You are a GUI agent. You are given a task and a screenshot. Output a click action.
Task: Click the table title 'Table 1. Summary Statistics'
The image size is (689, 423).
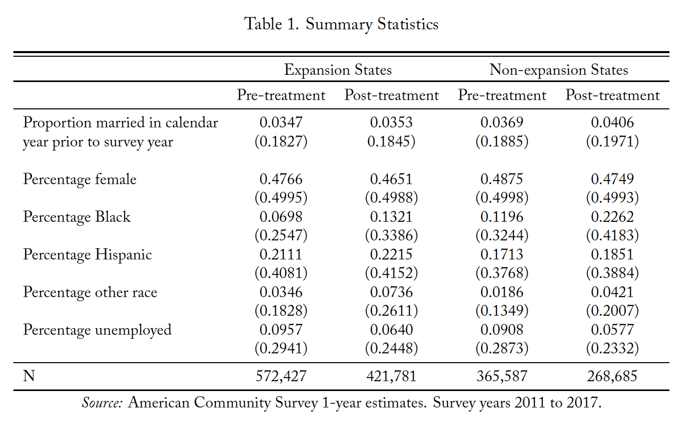click(341, 24)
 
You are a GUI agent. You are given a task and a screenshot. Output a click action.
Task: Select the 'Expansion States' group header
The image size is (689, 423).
click(338, 70)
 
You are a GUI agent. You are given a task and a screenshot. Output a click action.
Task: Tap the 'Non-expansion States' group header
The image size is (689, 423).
click(559, 70)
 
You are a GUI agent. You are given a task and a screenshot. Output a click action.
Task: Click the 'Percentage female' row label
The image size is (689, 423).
click(80, 180)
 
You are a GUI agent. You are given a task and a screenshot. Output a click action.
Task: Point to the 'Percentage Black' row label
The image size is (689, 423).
click(77, 217)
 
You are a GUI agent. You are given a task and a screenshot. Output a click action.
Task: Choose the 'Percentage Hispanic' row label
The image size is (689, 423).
click(88, 255)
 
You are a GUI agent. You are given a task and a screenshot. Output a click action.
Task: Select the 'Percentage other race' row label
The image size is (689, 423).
click(90, 292)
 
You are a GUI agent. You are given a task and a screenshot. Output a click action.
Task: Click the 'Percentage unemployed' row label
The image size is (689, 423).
click(97, 330)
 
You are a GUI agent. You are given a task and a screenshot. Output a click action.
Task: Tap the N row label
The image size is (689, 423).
click(29, 376)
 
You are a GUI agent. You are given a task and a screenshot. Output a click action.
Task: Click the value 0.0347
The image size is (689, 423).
click(281, 122)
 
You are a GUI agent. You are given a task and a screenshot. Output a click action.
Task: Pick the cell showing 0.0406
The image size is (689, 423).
click(612, 122)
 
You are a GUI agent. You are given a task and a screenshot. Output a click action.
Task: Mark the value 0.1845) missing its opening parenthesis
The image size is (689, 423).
click(391, 141)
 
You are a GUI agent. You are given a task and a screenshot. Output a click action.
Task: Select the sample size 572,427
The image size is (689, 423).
click(281, 376)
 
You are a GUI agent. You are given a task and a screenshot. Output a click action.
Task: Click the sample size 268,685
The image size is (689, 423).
click(612, 376)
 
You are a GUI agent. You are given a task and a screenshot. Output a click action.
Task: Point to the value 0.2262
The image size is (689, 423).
click(612, 217)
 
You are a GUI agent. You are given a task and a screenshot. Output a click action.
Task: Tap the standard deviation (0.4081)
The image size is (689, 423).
click(281, 273)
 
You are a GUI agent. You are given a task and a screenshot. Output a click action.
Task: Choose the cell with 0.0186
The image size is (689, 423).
click(502, 292)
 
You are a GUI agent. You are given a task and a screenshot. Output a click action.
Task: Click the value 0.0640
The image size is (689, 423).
click(391, 330)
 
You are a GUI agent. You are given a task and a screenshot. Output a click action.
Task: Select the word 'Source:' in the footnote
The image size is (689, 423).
click(102, 403)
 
